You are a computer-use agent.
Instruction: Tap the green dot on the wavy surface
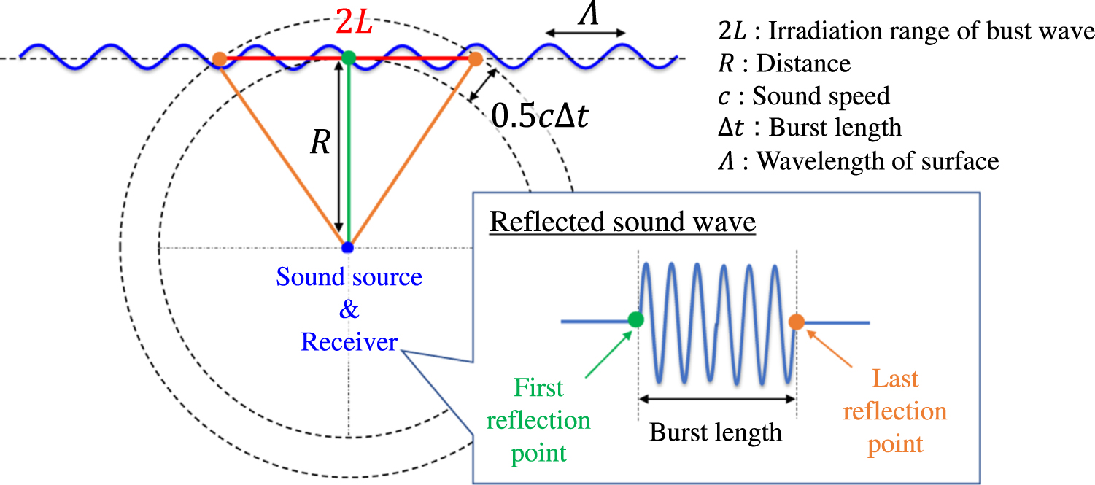(349, 57)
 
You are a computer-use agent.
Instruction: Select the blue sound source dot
(348, 247)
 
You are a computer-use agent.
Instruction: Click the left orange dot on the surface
(219, 59)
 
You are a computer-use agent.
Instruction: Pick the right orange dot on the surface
(475, 59)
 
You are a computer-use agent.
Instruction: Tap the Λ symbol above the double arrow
(585, 14)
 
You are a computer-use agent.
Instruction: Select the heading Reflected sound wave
(623, 222)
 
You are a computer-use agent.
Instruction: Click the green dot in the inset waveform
(635, 319)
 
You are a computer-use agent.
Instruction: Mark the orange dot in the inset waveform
(796, 321)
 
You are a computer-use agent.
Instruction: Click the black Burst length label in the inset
(716, 432)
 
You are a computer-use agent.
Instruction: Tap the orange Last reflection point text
(894, 411)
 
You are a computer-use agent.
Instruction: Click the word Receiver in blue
(349, 341)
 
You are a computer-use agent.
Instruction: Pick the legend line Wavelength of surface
(858, 160)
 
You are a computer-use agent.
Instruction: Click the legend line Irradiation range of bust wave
(905, 31)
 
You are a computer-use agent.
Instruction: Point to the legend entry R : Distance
(784, 63)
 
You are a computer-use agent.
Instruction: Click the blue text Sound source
(349, 277)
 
